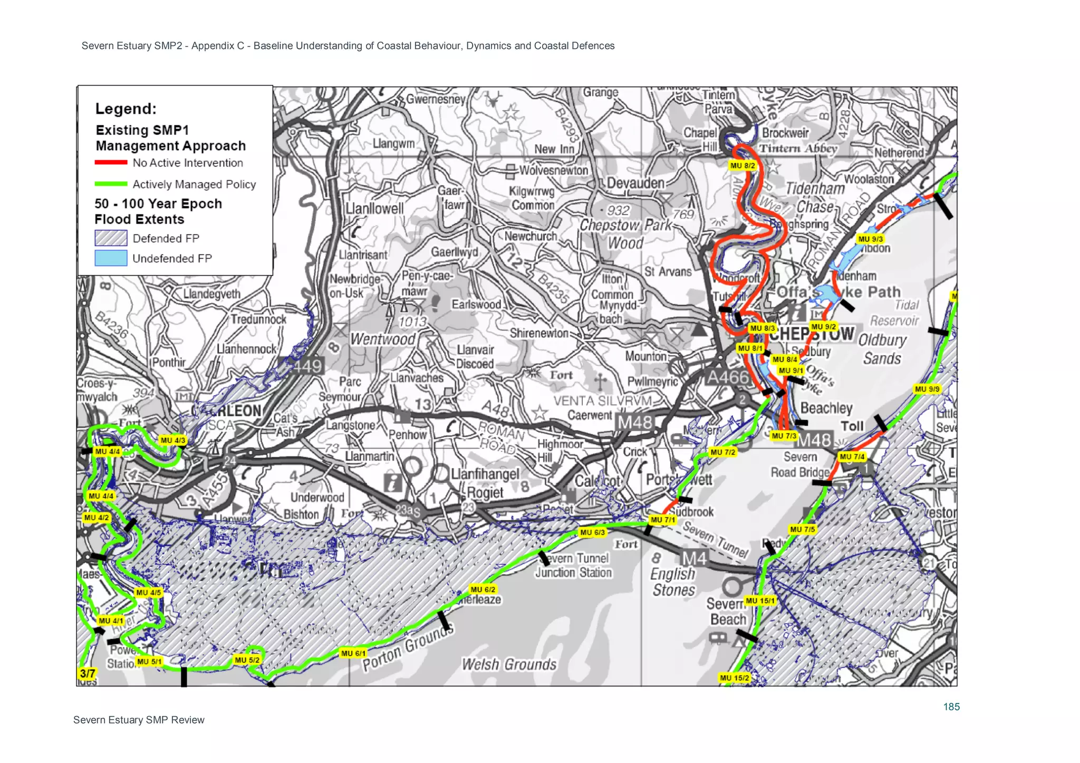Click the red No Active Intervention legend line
click(x=111, y=162)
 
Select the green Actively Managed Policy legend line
click(x=111, y=184)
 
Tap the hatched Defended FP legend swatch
click(x=111, y=238)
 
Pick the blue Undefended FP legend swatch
click(x=111, y=258)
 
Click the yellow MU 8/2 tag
click(x=742, y=165)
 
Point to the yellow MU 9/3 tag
click(x=870, y=239)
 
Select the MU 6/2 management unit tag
click(x=483, y=589)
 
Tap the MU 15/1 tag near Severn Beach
click(x=760, y=601)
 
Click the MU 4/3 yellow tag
click(x=173, y=440)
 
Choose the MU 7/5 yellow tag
click(x=802, y=529)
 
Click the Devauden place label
click(x=635, y=183)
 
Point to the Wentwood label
click(x=383, y=339)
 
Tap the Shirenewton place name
click(x=539, y=333)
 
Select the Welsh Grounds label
click(x=509, y=664)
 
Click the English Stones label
click(x=673, y=582)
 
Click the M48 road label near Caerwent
click(x=635, y=422)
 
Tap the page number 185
click(x=951, y=707)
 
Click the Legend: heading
click(x=126, y=109)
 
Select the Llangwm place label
click(x=393, y=143)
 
